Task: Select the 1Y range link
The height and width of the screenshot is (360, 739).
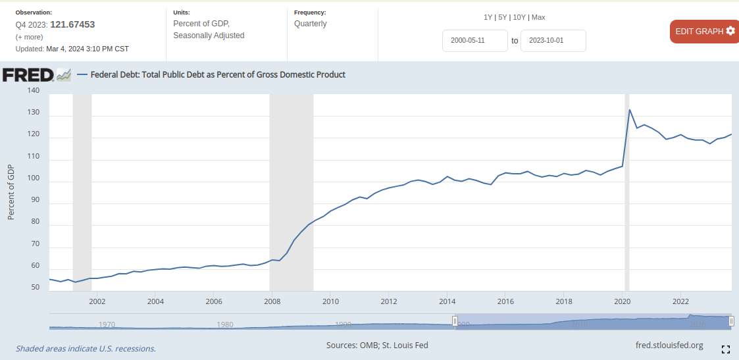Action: coord(488,17)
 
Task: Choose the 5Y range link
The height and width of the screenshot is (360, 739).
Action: coord(503,17)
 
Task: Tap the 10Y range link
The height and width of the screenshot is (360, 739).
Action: coord(520,17)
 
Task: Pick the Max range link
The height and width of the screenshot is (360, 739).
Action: coord(538,17)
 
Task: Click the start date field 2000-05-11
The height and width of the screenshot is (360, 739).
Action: coord(474,40)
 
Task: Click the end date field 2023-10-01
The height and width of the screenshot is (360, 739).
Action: coord(553,40)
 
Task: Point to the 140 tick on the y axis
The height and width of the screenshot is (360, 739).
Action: coord(33,91)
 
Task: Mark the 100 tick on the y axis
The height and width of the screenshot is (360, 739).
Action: coord(33,178)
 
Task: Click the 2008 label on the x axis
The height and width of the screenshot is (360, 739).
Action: coord(272,301)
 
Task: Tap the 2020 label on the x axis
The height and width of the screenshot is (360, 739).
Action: coord(622,301)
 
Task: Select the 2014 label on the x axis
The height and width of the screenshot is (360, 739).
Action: coord(447,301)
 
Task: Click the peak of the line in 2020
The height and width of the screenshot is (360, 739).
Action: coord(630,110)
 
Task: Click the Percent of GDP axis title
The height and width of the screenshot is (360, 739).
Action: coord(11,191)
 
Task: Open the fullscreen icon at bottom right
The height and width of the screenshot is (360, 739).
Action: coord(726,349)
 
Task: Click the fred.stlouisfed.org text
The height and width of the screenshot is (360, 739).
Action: coord(669,345)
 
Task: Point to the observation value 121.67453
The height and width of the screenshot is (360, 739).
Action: coord(72,24)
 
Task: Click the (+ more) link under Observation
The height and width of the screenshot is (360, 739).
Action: coord(29,37)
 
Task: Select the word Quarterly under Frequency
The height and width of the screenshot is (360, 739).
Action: coord(311,24)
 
